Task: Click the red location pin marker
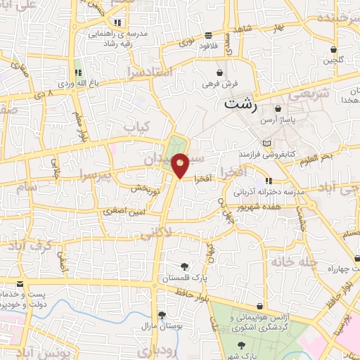coord(181,165)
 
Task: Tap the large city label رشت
coord(241,103)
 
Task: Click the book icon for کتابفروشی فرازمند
coord(266,143)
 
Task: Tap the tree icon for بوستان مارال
coord(162,316)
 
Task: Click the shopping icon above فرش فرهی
coord(220,72)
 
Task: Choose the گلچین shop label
coord(333,60)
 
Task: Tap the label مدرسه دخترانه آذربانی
coord(268,191)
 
